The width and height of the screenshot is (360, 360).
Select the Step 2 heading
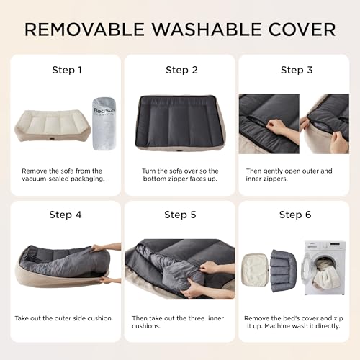[181, 70]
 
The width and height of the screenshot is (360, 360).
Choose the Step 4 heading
[65, 214]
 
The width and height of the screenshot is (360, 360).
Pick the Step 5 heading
[181, 214]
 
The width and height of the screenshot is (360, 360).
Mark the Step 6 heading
[294, 214]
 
